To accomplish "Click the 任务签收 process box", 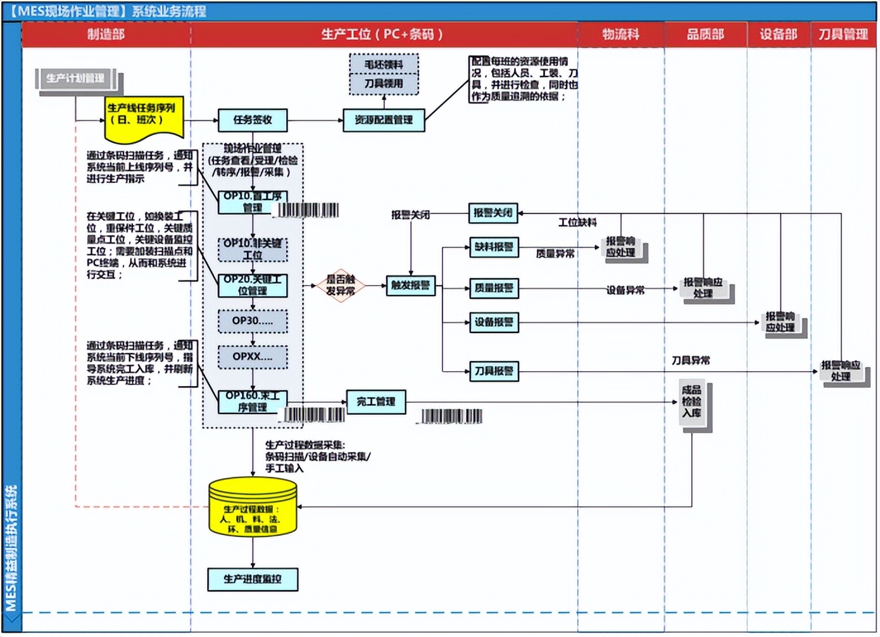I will (x=253, y=120).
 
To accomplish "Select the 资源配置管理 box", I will (x=384, y=120).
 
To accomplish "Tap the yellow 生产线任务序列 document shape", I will (x=144, y=118).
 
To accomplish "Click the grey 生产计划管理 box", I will (x=76, y=79).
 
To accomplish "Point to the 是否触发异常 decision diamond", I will (x=341, y=286).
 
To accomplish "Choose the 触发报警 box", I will (x=410, y=286).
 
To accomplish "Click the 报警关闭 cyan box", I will (x=493, y=213).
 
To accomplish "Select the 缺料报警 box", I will (x=494, y=248).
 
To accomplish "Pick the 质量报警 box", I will (x=494, y=289).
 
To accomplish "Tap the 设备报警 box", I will (x=494, y=322).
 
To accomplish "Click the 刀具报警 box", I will (x=494, y=371).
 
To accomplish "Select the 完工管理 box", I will (x=376, y=402).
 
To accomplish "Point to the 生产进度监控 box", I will (x=253, y=579).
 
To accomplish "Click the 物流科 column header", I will (x=620, y=35).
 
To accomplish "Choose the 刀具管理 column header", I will (x=843, y=35).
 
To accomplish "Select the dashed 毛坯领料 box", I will (x=384, y=65).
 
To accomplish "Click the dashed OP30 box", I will (x=253, y=321).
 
